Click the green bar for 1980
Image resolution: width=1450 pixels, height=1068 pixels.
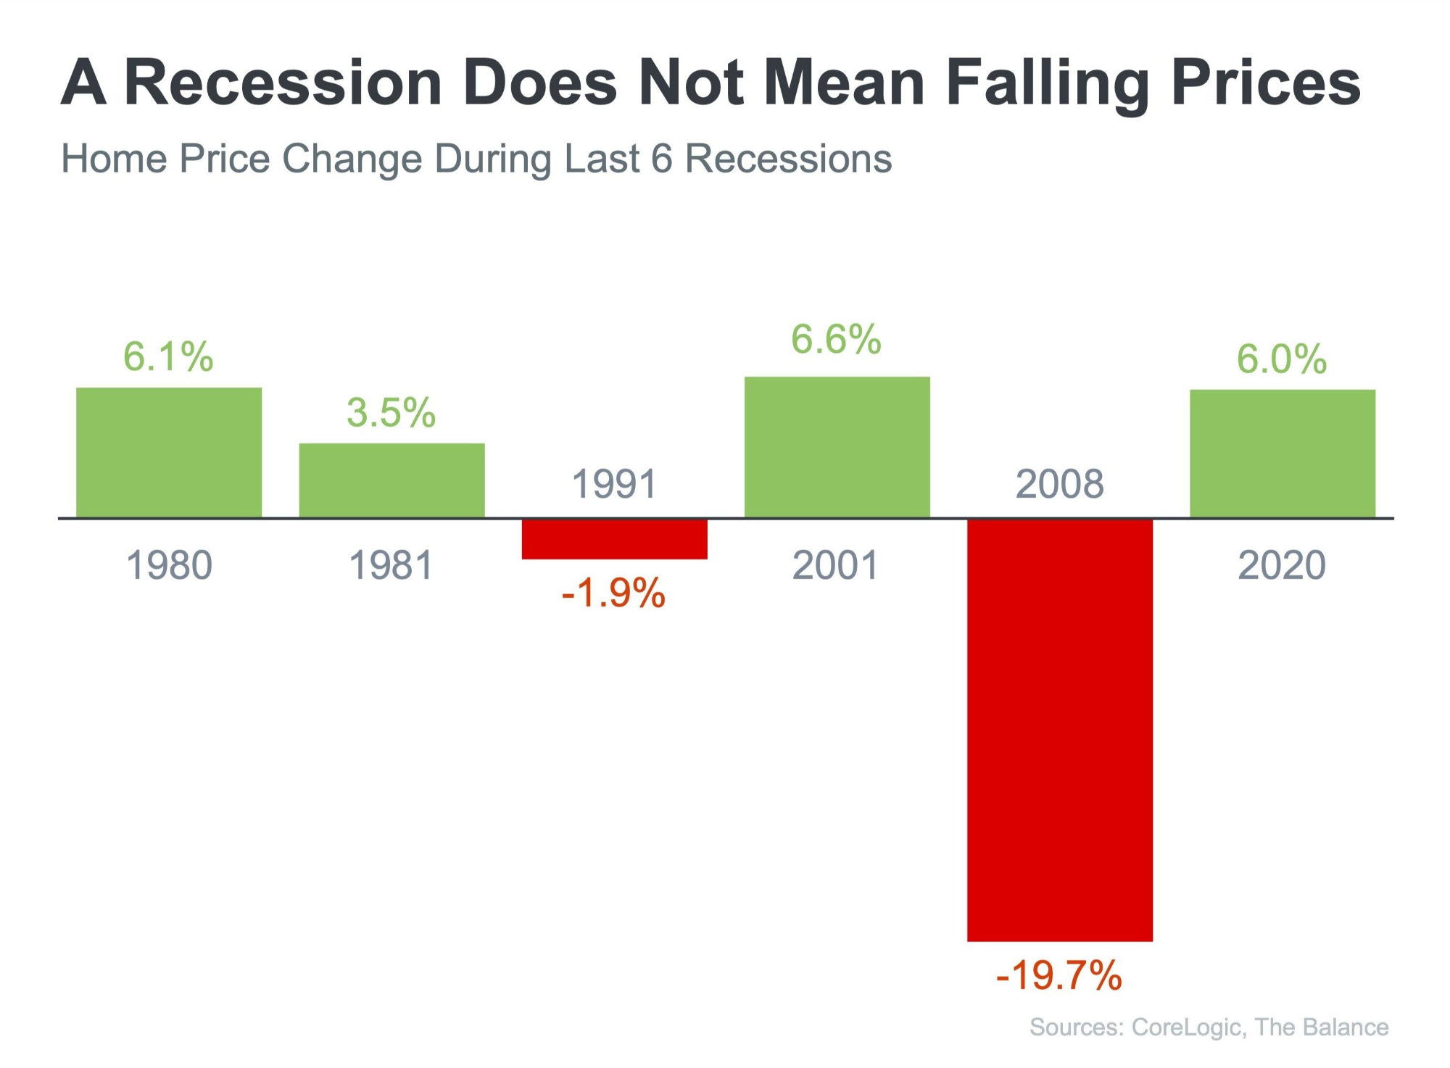[169, 452]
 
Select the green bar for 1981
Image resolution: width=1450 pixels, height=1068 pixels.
[391, 480]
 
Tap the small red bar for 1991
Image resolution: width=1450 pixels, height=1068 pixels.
[614, 539]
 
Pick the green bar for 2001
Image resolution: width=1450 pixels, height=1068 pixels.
[837, 446]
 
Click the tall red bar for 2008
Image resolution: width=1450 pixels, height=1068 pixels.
[1059, 730]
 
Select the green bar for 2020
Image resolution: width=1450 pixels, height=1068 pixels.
[1282, 453]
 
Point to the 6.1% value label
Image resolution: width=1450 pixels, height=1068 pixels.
[168, 356]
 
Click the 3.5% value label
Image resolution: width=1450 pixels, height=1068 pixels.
[391, 412]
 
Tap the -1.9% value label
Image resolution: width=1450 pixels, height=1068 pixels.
[613, 593]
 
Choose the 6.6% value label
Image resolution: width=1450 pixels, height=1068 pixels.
[836, 339]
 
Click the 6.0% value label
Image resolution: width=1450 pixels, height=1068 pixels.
[1281, 359]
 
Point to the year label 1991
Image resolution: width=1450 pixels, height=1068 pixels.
[614, 484]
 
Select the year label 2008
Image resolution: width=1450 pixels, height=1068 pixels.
[1059, 484]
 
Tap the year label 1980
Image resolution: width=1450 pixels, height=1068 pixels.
[169, 565]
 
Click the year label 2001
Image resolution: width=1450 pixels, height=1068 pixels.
[835, 565]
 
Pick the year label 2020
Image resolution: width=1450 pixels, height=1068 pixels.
[1282, 565]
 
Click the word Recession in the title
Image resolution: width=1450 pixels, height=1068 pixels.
[283, 82]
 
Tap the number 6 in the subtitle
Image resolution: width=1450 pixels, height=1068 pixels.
[662, 159]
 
